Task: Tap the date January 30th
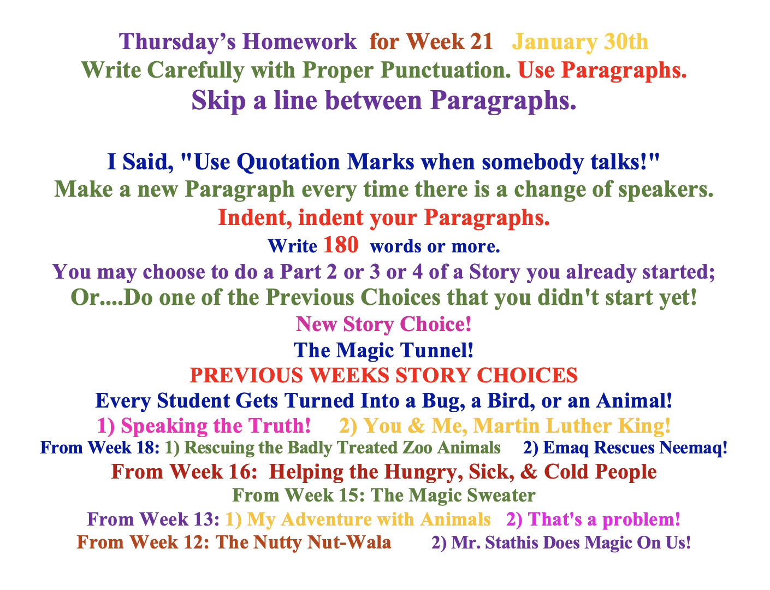(x=580, y=42)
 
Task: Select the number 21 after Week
(x=481, y=42)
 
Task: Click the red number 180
(x=341, y=245)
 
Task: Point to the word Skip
(x=218, y=101)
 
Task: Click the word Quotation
(x=288, y=162)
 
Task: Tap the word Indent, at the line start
(x=255, y=217)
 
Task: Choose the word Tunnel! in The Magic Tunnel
(x=437, y=350)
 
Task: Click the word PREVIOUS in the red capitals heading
(x=246, y=375)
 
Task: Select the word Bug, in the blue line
(x=443, y=401)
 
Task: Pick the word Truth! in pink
(x=279, y=426)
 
